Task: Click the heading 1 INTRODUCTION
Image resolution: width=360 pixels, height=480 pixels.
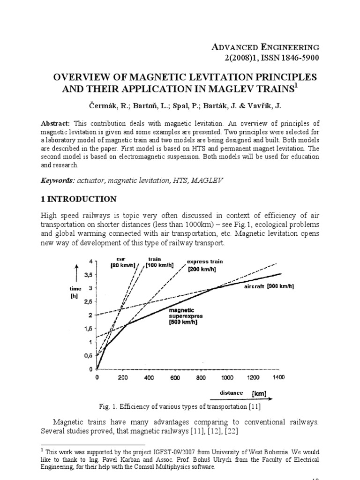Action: tap(79, 199)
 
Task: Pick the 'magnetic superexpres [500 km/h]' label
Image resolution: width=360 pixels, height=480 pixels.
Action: tap(185, 316)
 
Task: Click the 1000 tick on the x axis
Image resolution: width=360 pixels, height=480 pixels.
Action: tap(227, 377)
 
